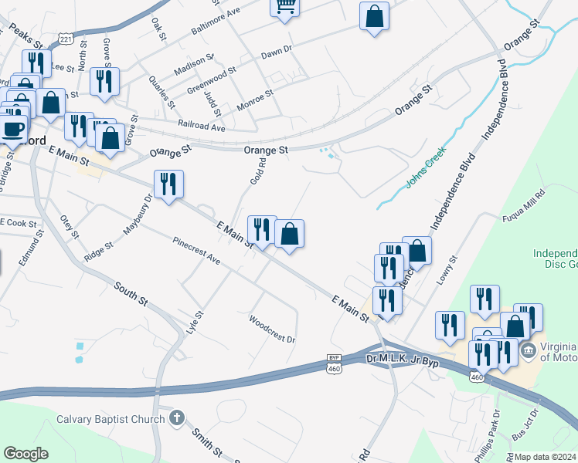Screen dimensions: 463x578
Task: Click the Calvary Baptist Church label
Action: [x=110, y=420]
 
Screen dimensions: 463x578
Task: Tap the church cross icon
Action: [x=177, y=419]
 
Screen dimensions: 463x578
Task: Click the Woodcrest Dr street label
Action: [x=272, y=329]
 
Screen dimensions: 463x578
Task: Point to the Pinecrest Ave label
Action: [x=196, y=252]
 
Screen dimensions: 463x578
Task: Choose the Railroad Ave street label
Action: [x=200, y=127]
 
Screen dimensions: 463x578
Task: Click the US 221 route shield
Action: [x=66, y=38]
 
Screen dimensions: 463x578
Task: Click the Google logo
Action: [x=25, y=454]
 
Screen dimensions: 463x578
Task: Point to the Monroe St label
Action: [x=255, y=100]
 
